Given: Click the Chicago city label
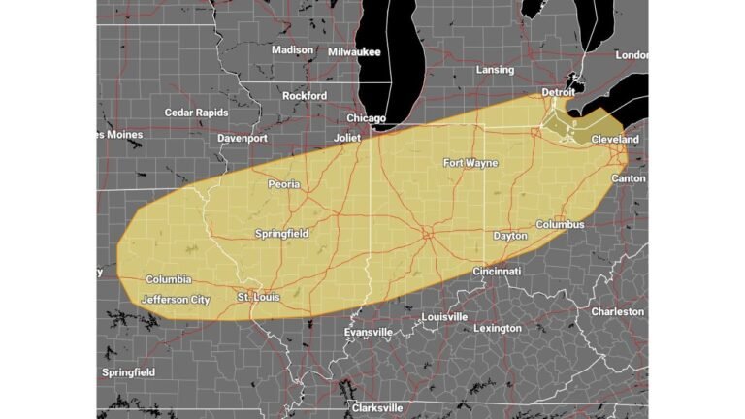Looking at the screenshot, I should pyautogui.click(x=367, y=118).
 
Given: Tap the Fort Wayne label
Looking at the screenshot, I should pyautogui.click(x=470, y=163).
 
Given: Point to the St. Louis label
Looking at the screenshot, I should pyautogui.click(x=258, y=297).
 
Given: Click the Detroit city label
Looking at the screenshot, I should pyautogui.click(x=558, y=91).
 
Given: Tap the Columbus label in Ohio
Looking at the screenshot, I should pyautogui.click(x=560, y=224).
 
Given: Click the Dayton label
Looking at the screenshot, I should pyautogui.click(x=510, y=236).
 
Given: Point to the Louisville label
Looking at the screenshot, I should pyautogui.click(x=444, y=317).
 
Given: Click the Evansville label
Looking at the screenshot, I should pyautogui.click(x=369, y=332).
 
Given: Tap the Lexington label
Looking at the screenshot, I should pyautogui.click(x=497, y=328).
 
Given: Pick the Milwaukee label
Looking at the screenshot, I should pyautogui.click(x=354, y=51).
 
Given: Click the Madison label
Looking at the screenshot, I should pyautogui.click(x=292, y=49).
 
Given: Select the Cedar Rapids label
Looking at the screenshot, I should pyautogui.click(x=197, y=113).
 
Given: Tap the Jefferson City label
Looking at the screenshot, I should pyautogui.click(x=176, y=300).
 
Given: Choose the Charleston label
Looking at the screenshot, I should pyautogui.click(x=617, y=311).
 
